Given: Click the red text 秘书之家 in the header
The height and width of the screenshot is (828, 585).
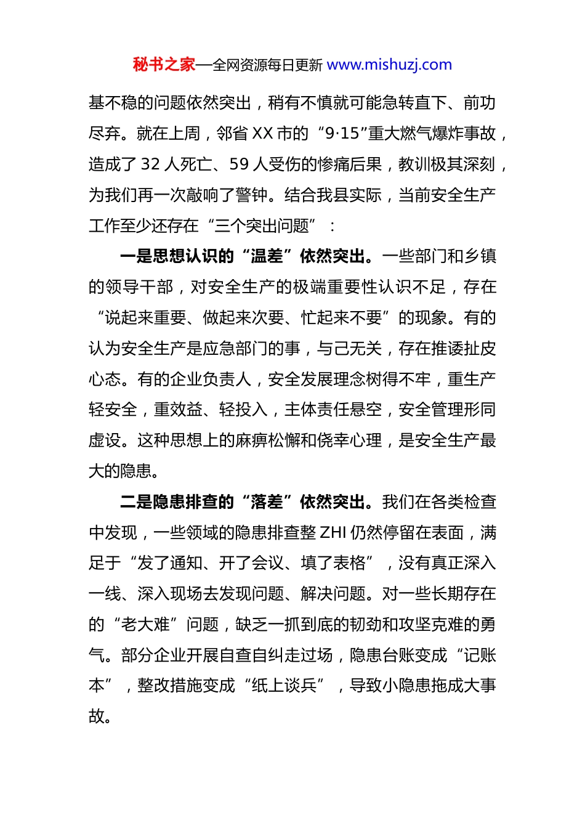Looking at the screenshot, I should (x=164, y=65).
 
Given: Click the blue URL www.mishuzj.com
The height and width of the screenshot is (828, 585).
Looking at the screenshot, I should (x=389, y=65).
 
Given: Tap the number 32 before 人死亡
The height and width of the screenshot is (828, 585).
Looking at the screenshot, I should (x=150, y=164).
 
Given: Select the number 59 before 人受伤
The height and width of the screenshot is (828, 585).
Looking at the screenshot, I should (x=239, y=164).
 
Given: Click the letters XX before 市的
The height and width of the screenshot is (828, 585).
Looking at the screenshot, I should (x=263, y=133).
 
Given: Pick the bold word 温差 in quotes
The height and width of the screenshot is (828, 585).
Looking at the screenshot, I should (x=267, y=256).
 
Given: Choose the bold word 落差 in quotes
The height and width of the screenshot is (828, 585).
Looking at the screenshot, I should (x=267, y=502).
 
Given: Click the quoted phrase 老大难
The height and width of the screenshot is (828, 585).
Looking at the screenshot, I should (x=145, y=625).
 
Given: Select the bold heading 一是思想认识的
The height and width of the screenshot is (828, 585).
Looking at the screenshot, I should (x=177, y=256).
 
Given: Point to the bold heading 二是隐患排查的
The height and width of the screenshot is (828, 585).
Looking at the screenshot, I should (x=177, y=502).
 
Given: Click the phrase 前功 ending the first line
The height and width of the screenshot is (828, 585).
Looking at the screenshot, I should (x=480, y=103).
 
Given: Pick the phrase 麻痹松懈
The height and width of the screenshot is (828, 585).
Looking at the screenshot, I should (x=267, y=440).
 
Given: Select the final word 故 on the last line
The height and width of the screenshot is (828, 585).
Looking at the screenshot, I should (x=97, y=716).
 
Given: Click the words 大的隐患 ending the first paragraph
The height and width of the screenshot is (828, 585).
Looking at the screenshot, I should (x=121, y=471).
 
